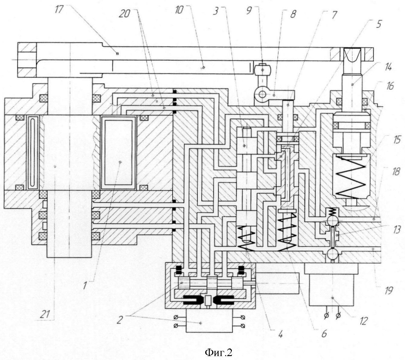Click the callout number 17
(60, 9)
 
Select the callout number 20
(124, 14)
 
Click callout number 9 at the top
(249, 11)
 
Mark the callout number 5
(378, 24)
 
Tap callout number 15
(396, 139)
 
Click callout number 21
(44, 314)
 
